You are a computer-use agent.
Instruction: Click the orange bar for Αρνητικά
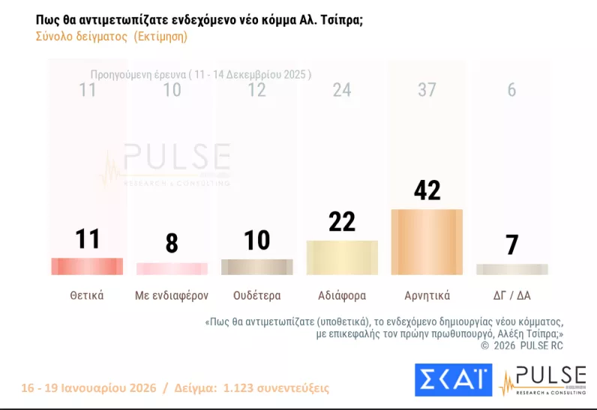[x=427, y=242]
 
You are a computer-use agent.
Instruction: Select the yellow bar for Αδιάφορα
[x=342, y=257]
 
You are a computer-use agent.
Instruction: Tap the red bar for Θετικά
[x=87, y=266]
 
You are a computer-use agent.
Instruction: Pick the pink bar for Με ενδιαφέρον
[x=172, y=268]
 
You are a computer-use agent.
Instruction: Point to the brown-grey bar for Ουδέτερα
[x=256, y=267]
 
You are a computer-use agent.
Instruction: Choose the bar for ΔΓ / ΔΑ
[x=511, y=269]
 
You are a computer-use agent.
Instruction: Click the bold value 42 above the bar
[x=427, y=190]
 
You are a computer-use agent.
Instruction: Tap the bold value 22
[x=342, y=221]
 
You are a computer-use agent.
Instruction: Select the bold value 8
[x=172, y=244]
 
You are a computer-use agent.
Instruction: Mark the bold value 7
[x=511, y=245]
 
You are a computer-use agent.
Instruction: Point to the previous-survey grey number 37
[x=427, y=90]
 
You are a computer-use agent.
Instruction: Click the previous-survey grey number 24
[x=342, y=90]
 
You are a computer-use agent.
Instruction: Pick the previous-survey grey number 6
[x=511, y=90]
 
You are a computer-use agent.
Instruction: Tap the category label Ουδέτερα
[x=256, y=295]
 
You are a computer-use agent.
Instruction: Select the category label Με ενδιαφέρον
[x=172, y=295]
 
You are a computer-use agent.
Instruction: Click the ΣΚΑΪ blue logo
[x=453, y=380]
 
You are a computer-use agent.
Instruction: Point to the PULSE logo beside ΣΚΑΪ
[x=543, y=380]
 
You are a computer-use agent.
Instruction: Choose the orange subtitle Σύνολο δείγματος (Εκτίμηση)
[x=111, y=36]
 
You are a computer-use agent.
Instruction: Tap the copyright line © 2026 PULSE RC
[x=521, y=346]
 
